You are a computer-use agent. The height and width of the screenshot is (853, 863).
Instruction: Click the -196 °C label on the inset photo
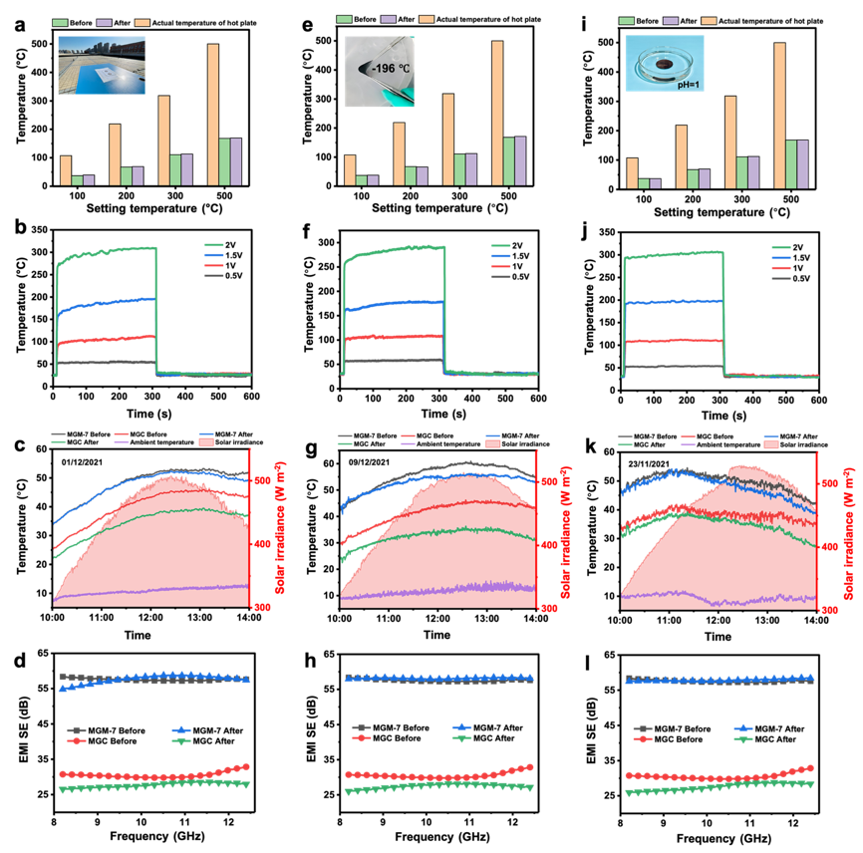383,69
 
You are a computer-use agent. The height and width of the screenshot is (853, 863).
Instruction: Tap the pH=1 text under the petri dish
684,86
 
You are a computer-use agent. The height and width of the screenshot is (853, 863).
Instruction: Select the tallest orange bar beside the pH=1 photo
780,116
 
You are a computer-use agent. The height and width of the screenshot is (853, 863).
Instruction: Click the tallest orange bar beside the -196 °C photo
497,113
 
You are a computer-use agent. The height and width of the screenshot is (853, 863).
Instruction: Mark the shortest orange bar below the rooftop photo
65,170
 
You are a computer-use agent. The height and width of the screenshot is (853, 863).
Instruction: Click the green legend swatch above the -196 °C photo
344,19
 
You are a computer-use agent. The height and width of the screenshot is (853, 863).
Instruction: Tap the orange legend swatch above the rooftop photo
142,21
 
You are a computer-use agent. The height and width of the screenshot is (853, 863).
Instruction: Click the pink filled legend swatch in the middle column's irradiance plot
492,443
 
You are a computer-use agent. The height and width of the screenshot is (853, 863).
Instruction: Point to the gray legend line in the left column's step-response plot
213,275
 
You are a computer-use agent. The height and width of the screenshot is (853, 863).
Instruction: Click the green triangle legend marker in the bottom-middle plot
460,738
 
